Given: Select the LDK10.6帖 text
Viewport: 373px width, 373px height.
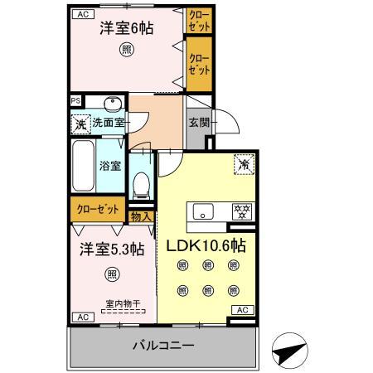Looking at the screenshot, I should pos(208,247).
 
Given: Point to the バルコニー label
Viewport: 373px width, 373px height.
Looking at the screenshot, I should pos(163,345).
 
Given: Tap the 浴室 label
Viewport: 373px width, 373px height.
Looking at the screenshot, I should pos(110,164).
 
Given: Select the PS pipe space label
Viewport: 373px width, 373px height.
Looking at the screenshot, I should pos(76,103).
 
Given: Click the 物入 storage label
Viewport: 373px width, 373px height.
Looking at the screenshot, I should pos(142,217).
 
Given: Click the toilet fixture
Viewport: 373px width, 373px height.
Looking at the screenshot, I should pos(140,185).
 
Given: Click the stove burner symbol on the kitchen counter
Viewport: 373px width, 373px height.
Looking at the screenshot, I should pos(241,211).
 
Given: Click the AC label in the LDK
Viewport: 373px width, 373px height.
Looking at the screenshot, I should pos(241,309).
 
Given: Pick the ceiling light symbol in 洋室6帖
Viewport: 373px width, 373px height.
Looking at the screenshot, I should pos(126,50).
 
